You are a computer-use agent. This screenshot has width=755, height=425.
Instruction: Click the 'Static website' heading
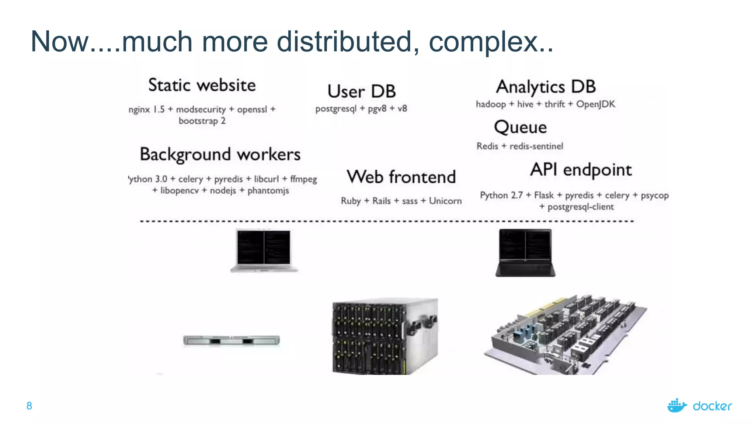tap(202, 85)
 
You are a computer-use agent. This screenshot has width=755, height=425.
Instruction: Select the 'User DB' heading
tap(362, 91)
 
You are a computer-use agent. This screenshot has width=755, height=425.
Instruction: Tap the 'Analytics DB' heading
tap(546, 87)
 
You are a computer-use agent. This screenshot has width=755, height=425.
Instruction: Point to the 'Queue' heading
tap(520, 127)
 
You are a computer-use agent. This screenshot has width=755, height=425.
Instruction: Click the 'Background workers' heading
tap(220, 154)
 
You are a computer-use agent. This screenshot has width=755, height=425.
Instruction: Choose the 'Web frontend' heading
tap(401, 177)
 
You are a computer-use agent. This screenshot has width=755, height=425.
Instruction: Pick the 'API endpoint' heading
tap(581, 170)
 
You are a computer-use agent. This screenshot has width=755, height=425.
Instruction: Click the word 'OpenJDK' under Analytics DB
tap(595, 104)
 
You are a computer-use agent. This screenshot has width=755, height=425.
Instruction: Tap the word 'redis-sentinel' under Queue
tap(536, 146)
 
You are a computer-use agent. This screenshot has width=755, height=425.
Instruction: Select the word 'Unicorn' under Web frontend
tap(445, 201)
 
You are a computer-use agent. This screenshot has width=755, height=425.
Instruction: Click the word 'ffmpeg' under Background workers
tap(303, 179)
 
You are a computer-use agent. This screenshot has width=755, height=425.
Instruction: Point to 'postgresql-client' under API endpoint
tap(580, 207)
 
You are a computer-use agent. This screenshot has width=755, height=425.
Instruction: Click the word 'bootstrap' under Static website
tap(198, 121)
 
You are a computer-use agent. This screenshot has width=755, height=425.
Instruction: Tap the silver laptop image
tap(264, 250)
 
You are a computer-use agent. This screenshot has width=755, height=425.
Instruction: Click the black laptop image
tap(525, 253)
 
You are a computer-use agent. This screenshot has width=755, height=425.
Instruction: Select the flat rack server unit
tap(232, 340)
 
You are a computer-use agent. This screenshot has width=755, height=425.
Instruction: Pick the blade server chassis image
tap(385, 336)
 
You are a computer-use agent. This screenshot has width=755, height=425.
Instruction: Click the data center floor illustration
tap(565, 335)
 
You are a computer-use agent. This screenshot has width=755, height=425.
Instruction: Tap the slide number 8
tap(29, 406)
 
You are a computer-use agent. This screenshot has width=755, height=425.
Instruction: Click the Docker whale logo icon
tap(677, 406)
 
